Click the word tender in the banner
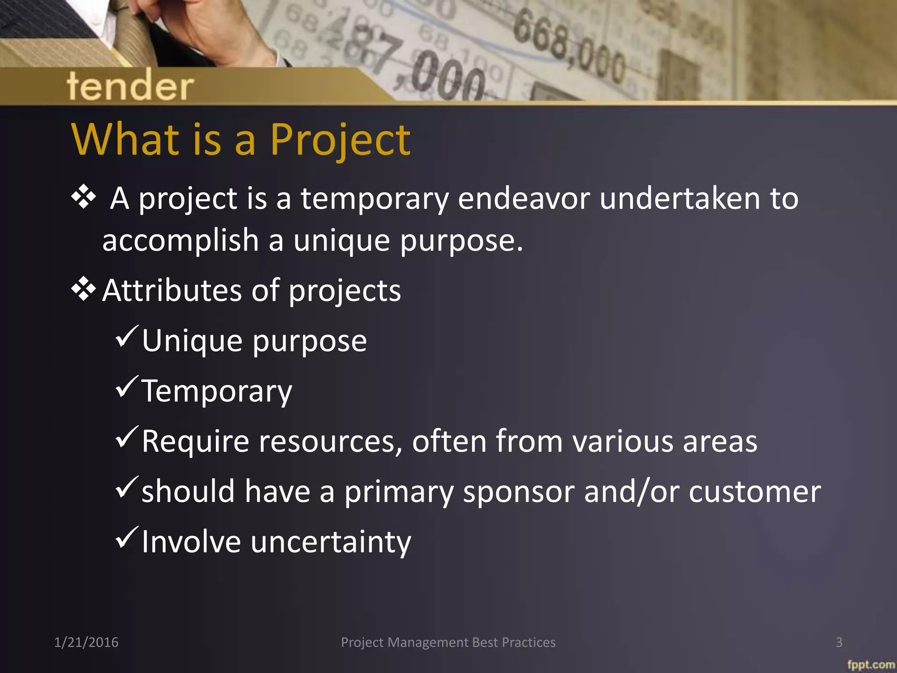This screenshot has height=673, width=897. coord(130,86)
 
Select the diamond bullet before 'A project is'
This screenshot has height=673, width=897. coord(83,197)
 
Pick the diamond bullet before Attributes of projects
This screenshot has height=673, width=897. coord(83,290)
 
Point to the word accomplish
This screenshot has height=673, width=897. coord(180,241)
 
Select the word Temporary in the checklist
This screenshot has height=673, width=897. coord(216,391)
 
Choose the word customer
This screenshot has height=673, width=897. coord(755,492)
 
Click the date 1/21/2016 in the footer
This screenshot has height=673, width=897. coord(86,642)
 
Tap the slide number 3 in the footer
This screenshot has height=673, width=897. coord(839,642)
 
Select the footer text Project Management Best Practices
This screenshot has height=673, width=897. coord(448,642)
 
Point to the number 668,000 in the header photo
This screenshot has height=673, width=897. coord(569,48)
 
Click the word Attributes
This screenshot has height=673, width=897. coord(172,290)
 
